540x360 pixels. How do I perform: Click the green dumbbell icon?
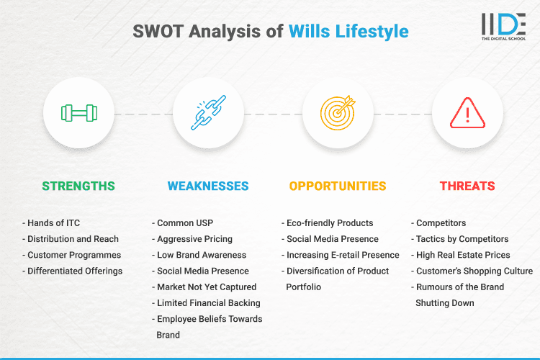78,113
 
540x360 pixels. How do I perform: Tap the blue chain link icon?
208,113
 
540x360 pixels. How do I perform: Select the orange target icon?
338,113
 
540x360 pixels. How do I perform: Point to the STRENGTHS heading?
78,186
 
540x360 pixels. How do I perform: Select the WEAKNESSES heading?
208,186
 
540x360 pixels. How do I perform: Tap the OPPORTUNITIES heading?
338,186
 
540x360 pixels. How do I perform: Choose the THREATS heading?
467,186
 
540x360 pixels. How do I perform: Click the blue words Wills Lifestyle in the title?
348,31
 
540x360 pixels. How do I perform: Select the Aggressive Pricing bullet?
194,239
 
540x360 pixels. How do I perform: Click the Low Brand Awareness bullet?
202,255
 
